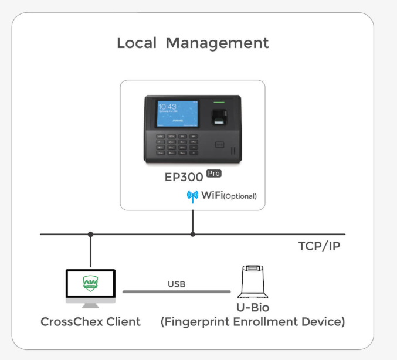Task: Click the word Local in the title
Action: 137,43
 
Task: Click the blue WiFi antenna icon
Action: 192,196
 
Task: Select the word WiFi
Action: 212,196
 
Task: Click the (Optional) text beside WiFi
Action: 240,196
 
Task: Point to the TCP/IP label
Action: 319,246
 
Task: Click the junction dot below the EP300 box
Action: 193,234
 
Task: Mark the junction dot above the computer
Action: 90,234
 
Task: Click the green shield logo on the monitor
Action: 90,284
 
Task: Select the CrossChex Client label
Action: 90,321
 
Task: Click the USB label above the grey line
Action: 177,284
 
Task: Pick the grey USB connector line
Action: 177,291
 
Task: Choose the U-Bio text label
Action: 252,307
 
